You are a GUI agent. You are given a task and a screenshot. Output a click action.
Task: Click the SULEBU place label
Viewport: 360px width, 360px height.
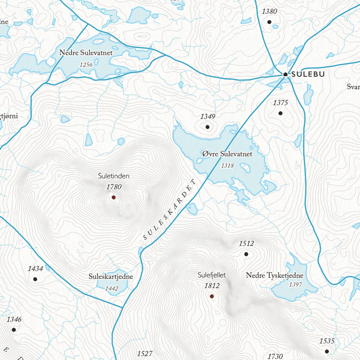(x=308, y=74)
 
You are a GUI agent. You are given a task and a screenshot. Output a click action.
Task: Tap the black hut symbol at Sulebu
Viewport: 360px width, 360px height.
(x=286, y=74)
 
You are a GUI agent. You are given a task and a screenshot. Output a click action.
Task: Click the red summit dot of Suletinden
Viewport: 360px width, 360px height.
(x=113, y=197)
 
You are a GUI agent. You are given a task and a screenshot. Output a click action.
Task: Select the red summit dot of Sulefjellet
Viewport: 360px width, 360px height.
(x=212, y=296)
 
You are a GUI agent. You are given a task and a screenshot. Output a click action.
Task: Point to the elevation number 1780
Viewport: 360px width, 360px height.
(x=113, y=187)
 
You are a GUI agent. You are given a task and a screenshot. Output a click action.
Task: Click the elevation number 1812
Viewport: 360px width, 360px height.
(x=212, y=286)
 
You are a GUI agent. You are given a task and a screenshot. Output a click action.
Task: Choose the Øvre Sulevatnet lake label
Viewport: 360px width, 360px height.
(x=227, y=154)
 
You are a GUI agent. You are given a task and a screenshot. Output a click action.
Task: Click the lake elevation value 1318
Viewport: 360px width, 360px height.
(x=227, y=165)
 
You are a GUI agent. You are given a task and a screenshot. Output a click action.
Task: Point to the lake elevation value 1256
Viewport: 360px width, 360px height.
(x=86, y=64)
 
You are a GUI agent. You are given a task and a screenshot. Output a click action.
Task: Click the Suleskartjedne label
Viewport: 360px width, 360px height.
(x=111, y=276)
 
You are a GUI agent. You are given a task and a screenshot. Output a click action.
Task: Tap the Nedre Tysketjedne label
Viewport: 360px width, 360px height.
(x=274, y=275)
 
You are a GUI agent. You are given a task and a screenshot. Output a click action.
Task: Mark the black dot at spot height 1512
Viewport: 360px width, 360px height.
(x=246, y=254)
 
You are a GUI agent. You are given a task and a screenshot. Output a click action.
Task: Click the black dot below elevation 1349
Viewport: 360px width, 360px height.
(x=208, y=127)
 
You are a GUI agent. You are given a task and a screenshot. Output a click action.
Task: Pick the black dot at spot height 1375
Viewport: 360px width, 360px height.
(x=280, y=113)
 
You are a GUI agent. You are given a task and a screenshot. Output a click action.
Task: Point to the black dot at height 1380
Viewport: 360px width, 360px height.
(x=269, y=22)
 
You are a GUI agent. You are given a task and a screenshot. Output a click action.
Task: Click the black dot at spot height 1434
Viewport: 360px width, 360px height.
(x=35, y=279)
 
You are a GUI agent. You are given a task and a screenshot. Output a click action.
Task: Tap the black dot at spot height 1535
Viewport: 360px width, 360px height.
(x=327, y=351)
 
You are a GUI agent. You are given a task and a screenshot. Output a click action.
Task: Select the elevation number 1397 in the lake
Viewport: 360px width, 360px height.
(x=296, y=284)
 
